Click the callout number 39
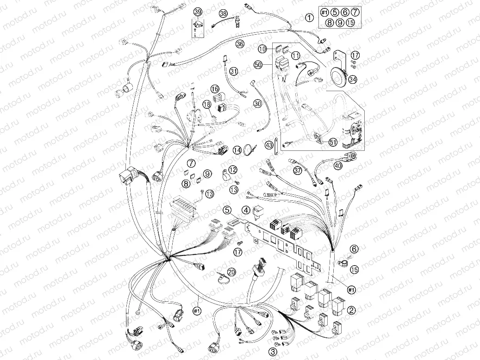pos(198,12)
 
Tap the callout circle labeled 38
pos(224,13)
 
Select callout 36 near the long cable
pos(240,44)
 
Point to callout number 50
pos(258,65)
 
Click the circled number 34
pos(353,79)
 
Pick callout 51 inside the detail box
pos(333,142)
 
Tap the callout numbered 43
pos(269,144)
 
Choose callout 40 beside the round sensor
pos(338,166)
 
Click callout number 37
pos(298,170)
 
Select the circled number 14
pos(237,150)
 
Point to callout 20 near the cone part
pos(231,272)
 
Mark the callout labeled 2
pos(351,310)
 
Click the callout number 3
pos(273,351)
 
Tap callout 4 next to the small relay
pos(246,210)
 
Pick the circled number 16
pos(215,89)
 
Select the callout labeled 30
pos(258,104)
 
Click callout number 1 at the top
pos(310,18)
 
